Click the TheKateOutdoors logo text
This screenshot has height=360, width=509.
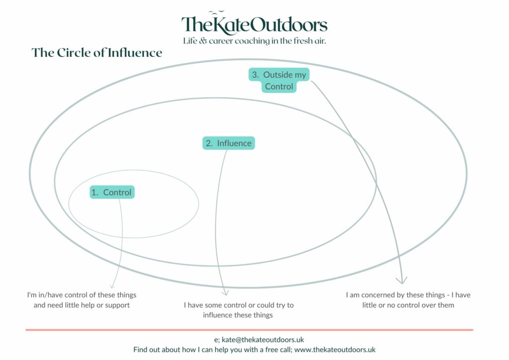[254, 25]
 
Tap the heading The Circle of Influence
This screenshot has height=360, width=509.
[97, 53]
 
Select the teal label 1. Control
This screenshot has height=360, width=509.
[112, 192]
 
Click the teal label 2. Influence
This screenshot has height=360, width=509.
[229, 143]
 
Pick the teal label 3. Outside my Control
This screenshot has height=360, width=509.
[279, 81]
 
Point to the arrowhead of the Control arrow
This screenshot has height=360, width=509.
[112, 286]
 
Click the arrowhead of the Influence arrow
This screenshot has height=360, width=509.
[225, 293]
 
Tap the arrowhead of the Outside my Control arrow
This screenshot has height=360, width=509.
[402, 281]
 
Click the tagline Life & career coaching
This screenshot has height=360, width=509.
[254, 41]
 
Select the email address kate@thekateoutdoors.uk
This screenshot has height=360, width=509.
[262, 340]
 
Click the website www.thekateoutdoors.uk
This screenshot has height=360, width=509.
[335, 350]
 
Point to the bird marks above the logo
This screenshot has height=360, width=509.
[216, 12]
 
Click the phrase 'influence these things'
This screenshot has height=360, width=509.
[238, 315]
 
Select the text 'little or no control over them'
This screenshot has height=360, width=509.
[408, 305]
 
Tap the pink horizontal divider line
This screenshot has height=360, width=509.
[250, 330]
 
